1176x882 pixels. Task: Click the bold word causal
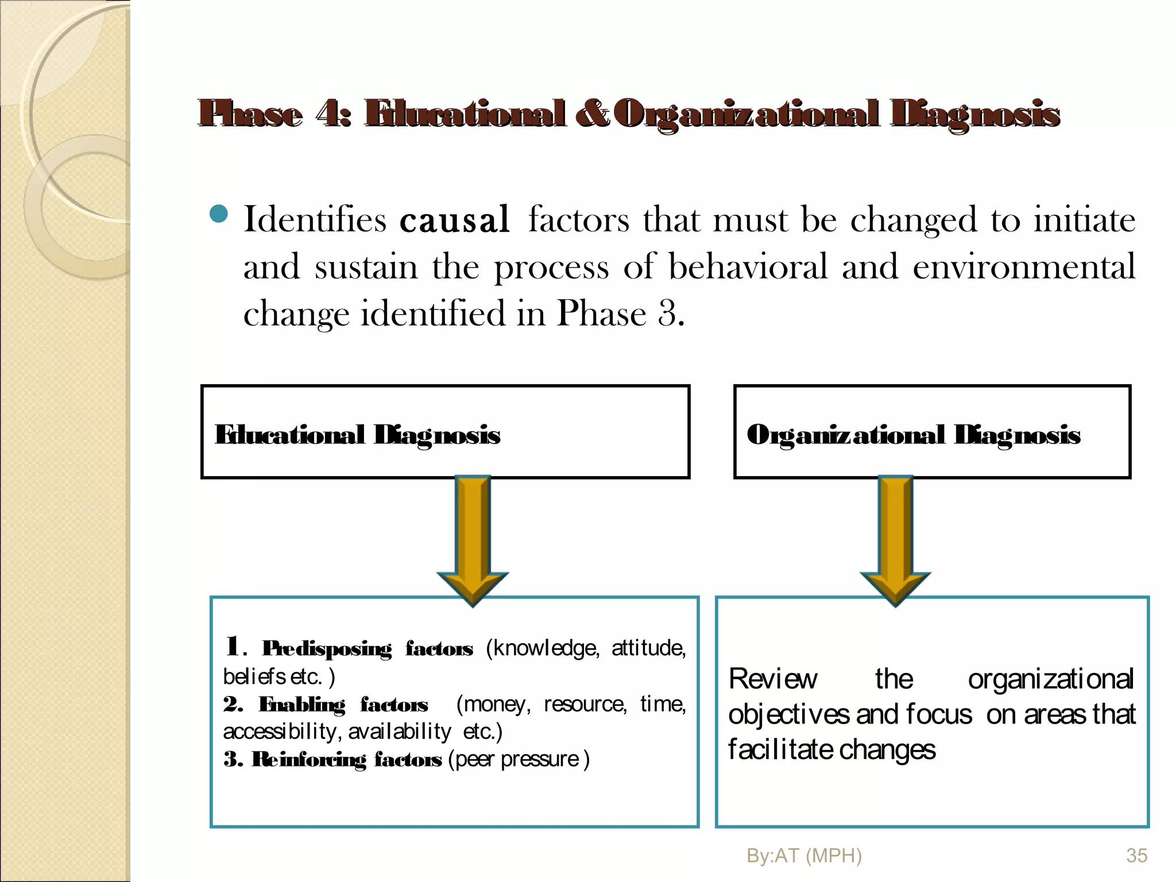(x=454, y=220)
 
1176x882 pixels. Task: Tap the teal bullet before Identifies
(x=219, y=215)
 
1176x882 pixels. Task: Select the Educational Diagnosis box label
(x=357, y=435)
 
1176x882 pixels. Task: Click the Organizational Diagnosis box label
(x=913, y=435)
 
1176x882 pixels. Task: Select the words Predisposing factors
(x=367, y=649)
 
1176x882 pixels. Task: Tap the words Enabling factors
(x=343, y=705)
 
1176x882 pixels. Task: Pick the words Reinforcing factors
(x=347, y=760)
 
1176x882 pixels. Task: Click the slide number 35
(x=1136, y=856)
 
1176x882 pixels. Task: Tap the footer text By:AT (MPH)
(x=804, y=856)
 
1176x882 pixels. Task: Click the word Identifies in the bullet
(x=315, y=220)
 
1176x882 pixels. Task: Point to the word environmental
(x=1024, y=267)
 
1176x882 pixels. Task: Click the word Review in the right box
(x=773, y=679)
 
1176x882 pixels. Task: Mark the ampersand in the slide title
(x=591, y=113)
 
